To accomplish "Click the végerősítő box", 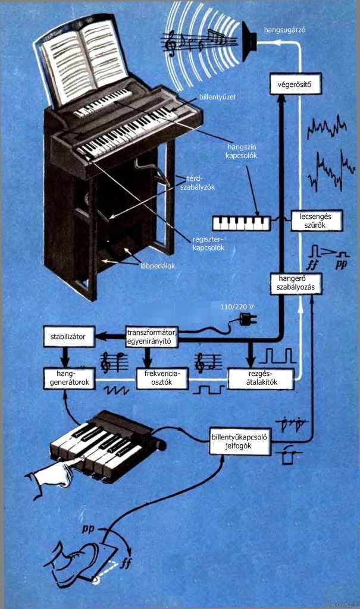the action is coord(296,84).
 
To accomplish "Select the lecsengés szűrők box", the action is coord(317,221).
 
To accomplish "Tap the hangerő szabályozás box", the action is coord(296,283).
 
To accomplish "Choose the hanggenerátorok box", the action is coord(69,378).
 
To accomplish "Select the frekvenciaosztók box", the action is coord(162,378).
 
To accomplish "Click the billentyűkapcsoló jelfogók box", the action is coord(240,442).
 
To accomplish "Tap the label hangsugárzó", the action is coord(284,30).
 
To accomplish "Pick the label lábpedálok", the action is coord(158,266).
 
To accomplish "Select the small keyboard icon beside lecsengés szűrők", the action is coord(242,224).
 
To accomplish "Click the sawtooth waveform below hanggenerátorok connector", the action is coord(116,390).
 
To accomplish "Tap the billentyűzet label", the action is coord(218,97).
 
